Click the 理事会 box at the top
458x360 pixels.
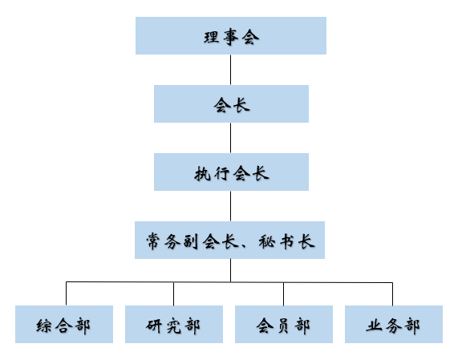pyautogui.click(x=231, y=35)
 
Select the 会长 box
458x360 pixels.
pyautogui.click(x=231, y=104)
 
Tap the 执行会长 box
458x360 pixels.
pyautogui.click(x=231, y=172)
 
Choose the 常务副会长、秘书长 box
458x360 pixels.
pyautogui.click(x=229, y=240)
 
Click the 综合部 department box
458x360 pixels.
pyautogui.click(x=64, y=324)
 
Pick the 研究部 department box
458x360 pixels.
pyautogui.click(x=174, y=324)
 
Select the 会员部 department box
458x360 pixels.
pyautogui.click(x=284, y=324)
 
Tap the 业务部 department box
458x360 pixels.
pyautogui.click(x=394, y=324)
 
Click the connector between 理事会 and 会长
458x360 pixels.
pyautogui.click(x=230, y=70)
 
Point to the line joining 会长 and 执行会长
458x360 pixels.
pyautogui.click(x=230, y=138)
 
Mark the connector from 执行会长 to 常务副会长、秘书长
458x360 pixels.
pyautogui.click(x=230, y=206)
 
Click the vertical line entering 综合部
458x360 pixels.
pyautogui.click(x=66, y=293)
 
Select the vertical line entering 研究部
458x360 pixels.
pyautogui.click(x=173, y=293)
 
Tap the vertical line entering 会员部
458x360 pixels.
pyautogui.click(x=283, y=293)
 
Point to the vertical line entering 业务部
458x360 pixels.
pyautogui.click(x=392, y=294)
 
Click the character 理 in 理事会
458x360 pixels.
pyautogui.click(x=212, y=38)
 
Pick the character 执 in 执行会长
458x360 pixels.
pyautogui.click(x=202, y=174)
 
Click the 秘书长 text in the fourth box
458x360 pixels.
pyautogui.click(x=286, y=241)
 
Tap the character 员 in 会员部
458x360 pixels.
pyautogui.click(x=283, y=326)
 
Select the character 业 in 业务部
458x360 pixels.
pyautogui.click(x=374, y=326)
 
